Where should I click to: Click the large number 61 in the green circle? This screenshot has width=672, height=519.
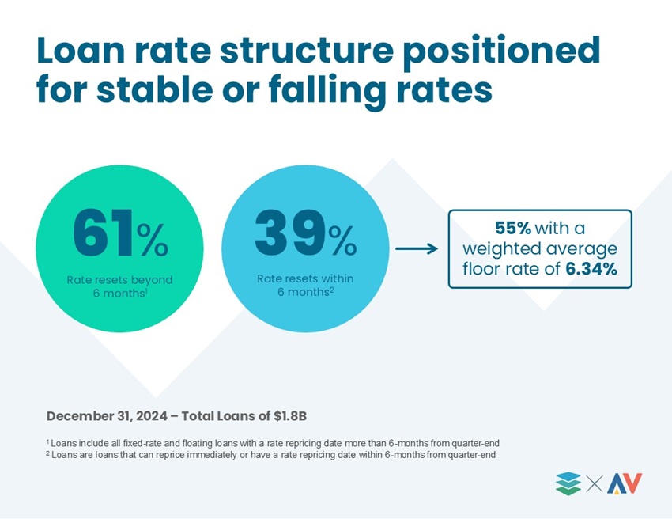[x=104, y=233]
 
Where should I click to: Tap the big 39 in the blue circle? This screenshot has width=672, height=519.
[x=290, y=233]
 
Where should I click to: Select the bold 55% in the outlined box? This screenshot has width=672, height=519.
[x=513, y=228]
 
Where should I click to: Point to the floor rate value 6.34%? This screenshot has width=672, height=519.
[x=591, y=269]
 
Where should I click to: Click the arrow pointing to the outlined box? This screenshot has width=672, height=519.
[x=417, y=248]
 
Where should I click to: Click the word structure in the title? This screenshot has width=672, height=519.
[x=307, y=51]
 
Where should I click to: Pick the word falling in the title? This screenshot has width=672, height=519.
[x=327, y=91]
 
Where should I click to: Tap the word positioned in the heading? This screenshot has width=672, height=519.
[x=501, y=53]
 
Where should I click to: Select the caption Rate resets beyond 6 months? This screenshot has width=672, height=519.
[x=119, y=286]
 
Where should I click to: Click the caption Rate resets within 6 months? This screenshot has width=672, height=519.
[x=305, y=286]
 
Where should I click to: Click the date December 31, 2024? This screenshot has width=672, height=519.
[x=107, y=416]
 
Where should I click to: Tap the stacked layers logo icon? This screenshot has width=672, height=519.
[x=568, y=483]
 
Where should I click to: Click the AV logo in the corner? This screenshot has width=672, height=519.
[x=625, y=483]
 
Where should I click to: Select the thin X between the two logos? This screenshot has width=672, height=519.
[x=594, y=484]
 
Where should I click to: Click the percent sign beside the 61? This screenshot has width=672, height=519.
[x=152, y=241]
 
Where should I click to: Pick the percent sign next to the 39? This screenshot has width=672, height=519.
[x=342, y=241]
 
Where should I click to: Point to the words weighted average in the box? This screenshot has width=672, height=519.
[x=540, y=248]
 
